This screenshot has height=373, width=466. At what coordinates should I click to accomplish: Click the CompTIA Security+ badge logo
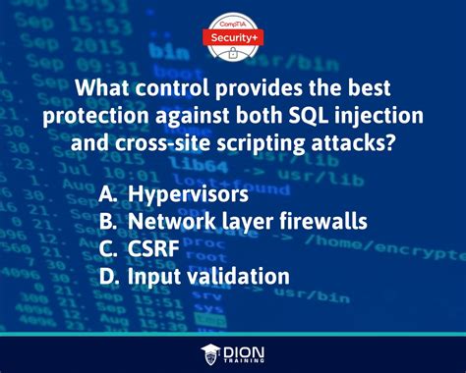coord(233,30)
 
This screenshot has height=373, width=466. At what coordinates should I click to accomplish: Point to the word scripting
coord(233,142)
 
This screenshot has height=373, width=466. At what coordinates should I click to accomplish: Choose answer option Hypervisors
coord(191,194)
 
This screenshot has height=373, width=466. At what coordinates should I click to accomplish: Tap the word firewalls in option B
coord(318,222)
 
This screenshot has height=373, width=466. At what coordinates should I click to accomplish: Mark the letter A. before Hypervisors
coord(109,194)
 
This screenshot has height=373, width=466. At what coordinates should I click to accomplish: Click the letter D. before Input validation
coord(110,276)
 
